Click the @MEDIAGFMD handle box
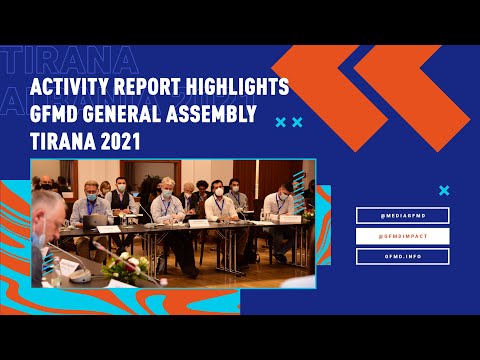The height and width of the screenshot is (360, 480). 403,215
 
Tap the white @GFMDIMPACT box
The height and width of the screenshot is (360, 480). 403,236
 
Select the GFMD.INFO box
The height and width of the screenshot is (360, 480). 403,256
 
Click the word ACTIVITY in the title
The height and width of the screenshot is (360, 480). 72,88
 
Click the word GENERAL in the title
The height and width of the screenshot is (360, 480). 132,116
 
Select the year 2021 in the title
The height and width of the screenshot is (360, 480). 120,143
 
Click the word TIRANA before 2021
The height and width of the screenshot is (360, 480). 62,143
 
